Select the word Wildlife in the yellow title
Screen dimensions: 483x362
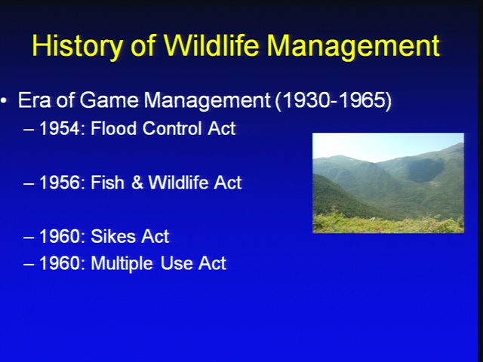pyautogui.click(x=211, y=45)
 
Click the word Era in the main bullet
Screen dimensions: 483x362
pyautogui.click(x=34, y=100)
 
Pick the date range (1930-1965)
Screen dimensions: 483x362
pyautogui.click(x=333, y=100)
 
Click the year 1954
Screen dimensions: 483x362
pyautogui.click(x=60, y=128)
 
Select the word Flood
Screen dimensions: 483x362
pyautogui.click(x=113, y=128)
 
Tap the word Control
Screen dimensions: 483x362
pyautogui.click(x=172, y=128)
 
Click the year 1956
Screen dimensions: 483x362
pyautogui.click(x=60, y=183)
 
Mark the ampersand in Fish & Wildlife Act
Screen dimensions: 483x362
pyautogui.click(x=137, y=183)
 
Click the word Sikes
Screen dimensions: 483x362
pyautogui.click(x=112, y=236)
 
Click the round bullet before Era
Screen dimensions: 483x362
pyautogui.click(x=4, y=100)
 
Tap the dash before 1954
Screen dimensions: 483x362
pyautogui.click(x=29, y=130)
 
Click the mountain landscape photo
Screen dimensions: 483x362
pyautogui.click(x=388, y=183)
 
